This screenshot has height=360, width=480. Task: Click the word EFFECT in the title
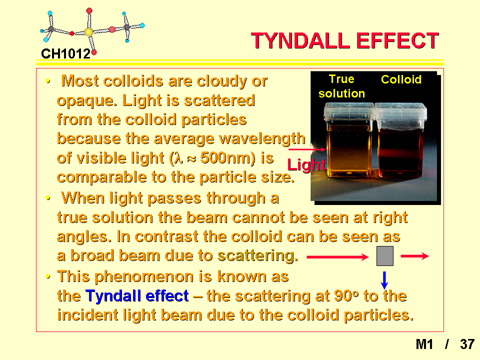click(397, 40)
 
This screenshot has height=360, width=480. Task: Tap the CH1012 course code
click(65, 54)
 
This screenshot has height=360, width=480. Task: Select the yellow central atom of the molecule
click(88, 32)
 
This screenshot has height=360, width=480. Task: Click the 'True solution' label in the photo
click(341, 86)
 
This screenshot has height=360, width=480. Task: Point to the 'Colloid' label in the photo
click(401, 79)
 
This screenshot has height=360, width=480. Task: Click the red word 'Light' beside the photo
click(306, 165)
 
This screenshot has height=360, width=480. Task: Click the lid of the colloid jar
click(400, 113)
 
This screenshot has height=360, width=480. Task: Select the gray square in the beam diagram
click(385, 256)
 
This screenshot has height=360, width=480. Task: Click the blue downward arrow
click(384, 280)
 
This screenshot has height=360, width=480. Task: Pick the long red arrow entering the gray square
click(337, 257)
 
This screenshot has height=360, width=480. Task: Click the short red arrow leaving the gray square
click(415, 256)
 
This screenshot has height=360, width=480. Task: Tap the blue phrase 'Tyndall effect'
click(137, 296)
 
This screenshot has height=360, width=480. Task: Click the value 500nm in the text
click(227, 158)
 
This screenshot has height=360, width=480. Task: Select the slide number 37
click(467, 344)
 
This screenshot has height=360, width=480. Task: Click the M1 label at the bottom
click(424, 344)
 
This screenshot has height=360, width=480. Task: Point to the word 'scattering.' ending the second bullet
click(258, 256)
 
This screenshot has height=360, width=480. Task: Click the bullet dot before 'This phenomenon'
click(48, 276)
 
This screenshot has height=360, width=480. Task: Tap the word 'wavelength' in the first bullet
click(262, 138)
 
